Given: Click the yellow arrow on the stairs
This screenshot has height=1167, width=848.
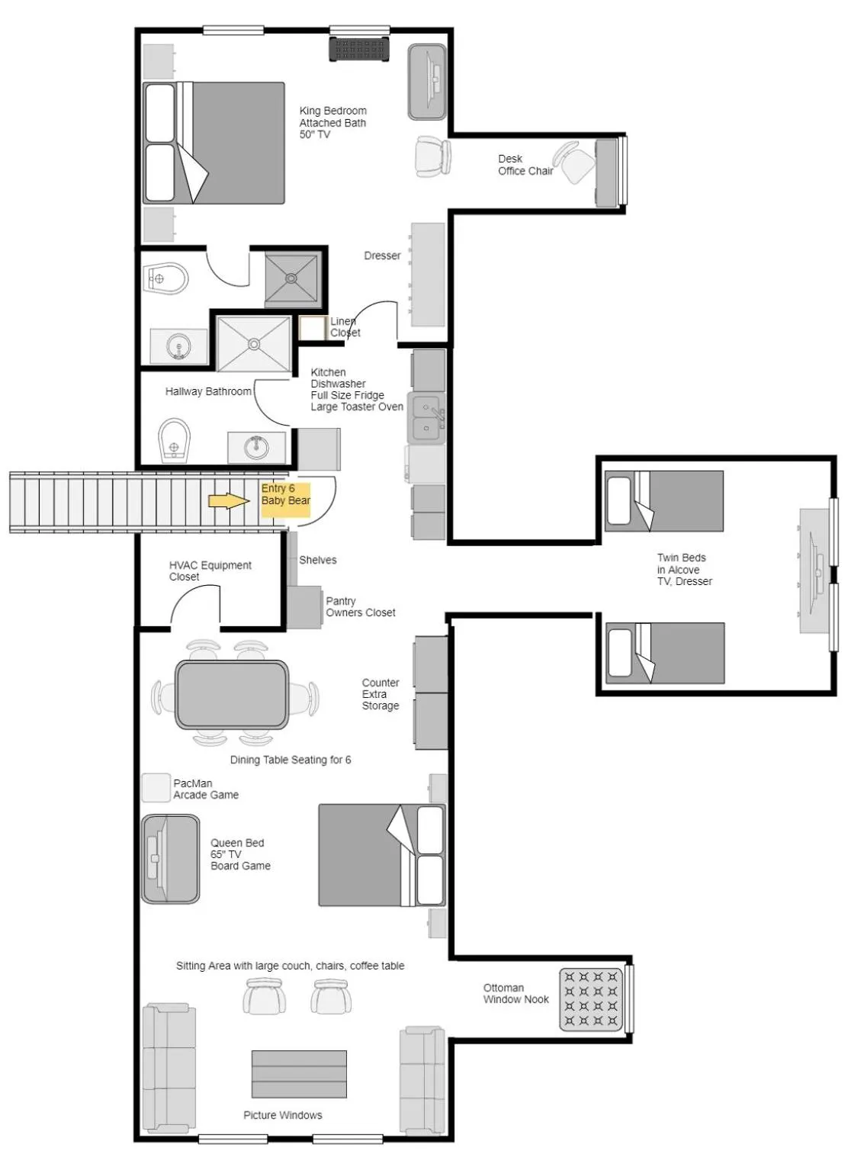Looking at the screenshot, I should click(x=229, y=500).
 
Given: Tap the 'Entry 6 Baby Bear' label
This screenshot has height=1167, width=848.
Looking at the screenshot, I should click(x=285, y=495).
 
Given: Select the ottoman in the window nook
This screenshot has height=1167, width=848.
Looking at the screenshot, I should click(x=591, y=999).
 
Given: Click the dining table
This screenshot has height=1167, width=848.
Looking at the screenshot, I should click(x=232, y=694).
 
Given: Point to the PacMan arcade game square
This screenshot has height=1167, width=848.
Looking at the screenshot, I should click(x=156, y=788).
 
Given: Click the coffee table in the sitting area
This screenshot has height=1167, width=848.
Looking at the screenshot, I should click(x=299, y=1074).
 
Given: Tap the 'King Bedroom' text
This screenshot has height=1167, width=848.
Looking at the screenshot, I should click(x=332, y=111).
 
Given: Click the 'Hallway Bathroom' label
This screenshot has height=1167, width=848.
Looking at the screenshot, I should click(x=208, y=391).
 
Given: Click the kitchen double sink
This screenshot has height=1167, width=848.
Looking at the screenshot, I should click(x=426, y=418).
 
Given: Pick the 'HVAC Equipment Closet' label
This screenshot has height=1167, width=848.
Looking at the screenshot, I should click(x=210, y=571).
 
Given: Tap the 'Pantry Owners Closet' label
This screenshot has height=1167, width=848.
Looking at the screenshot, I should click(x=360, y=606).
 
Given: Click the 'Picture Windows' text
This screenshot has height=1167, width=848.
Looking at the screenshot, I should click(x=283, y=1115).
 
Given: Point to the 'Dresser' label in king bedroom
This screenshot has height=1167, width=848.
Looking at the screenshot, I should click(x=382, y=256).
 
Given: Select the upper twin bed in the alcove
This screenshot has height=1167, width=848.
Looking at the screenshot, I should click(x=663, y=500).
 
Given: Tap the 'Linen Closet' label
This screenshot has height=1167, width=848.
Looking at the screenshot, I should click(x=345, y=326).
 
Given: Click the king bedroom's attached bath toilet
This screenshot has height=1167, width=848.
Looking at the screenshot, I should click(x=167, y=279).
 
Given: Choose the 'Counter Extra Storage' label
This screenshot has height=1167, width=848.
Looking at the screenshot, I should click(x=381, y=694).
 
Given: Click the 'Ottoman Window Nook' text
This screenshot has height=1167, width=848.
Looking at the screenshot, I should click(x=516, y=993).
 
